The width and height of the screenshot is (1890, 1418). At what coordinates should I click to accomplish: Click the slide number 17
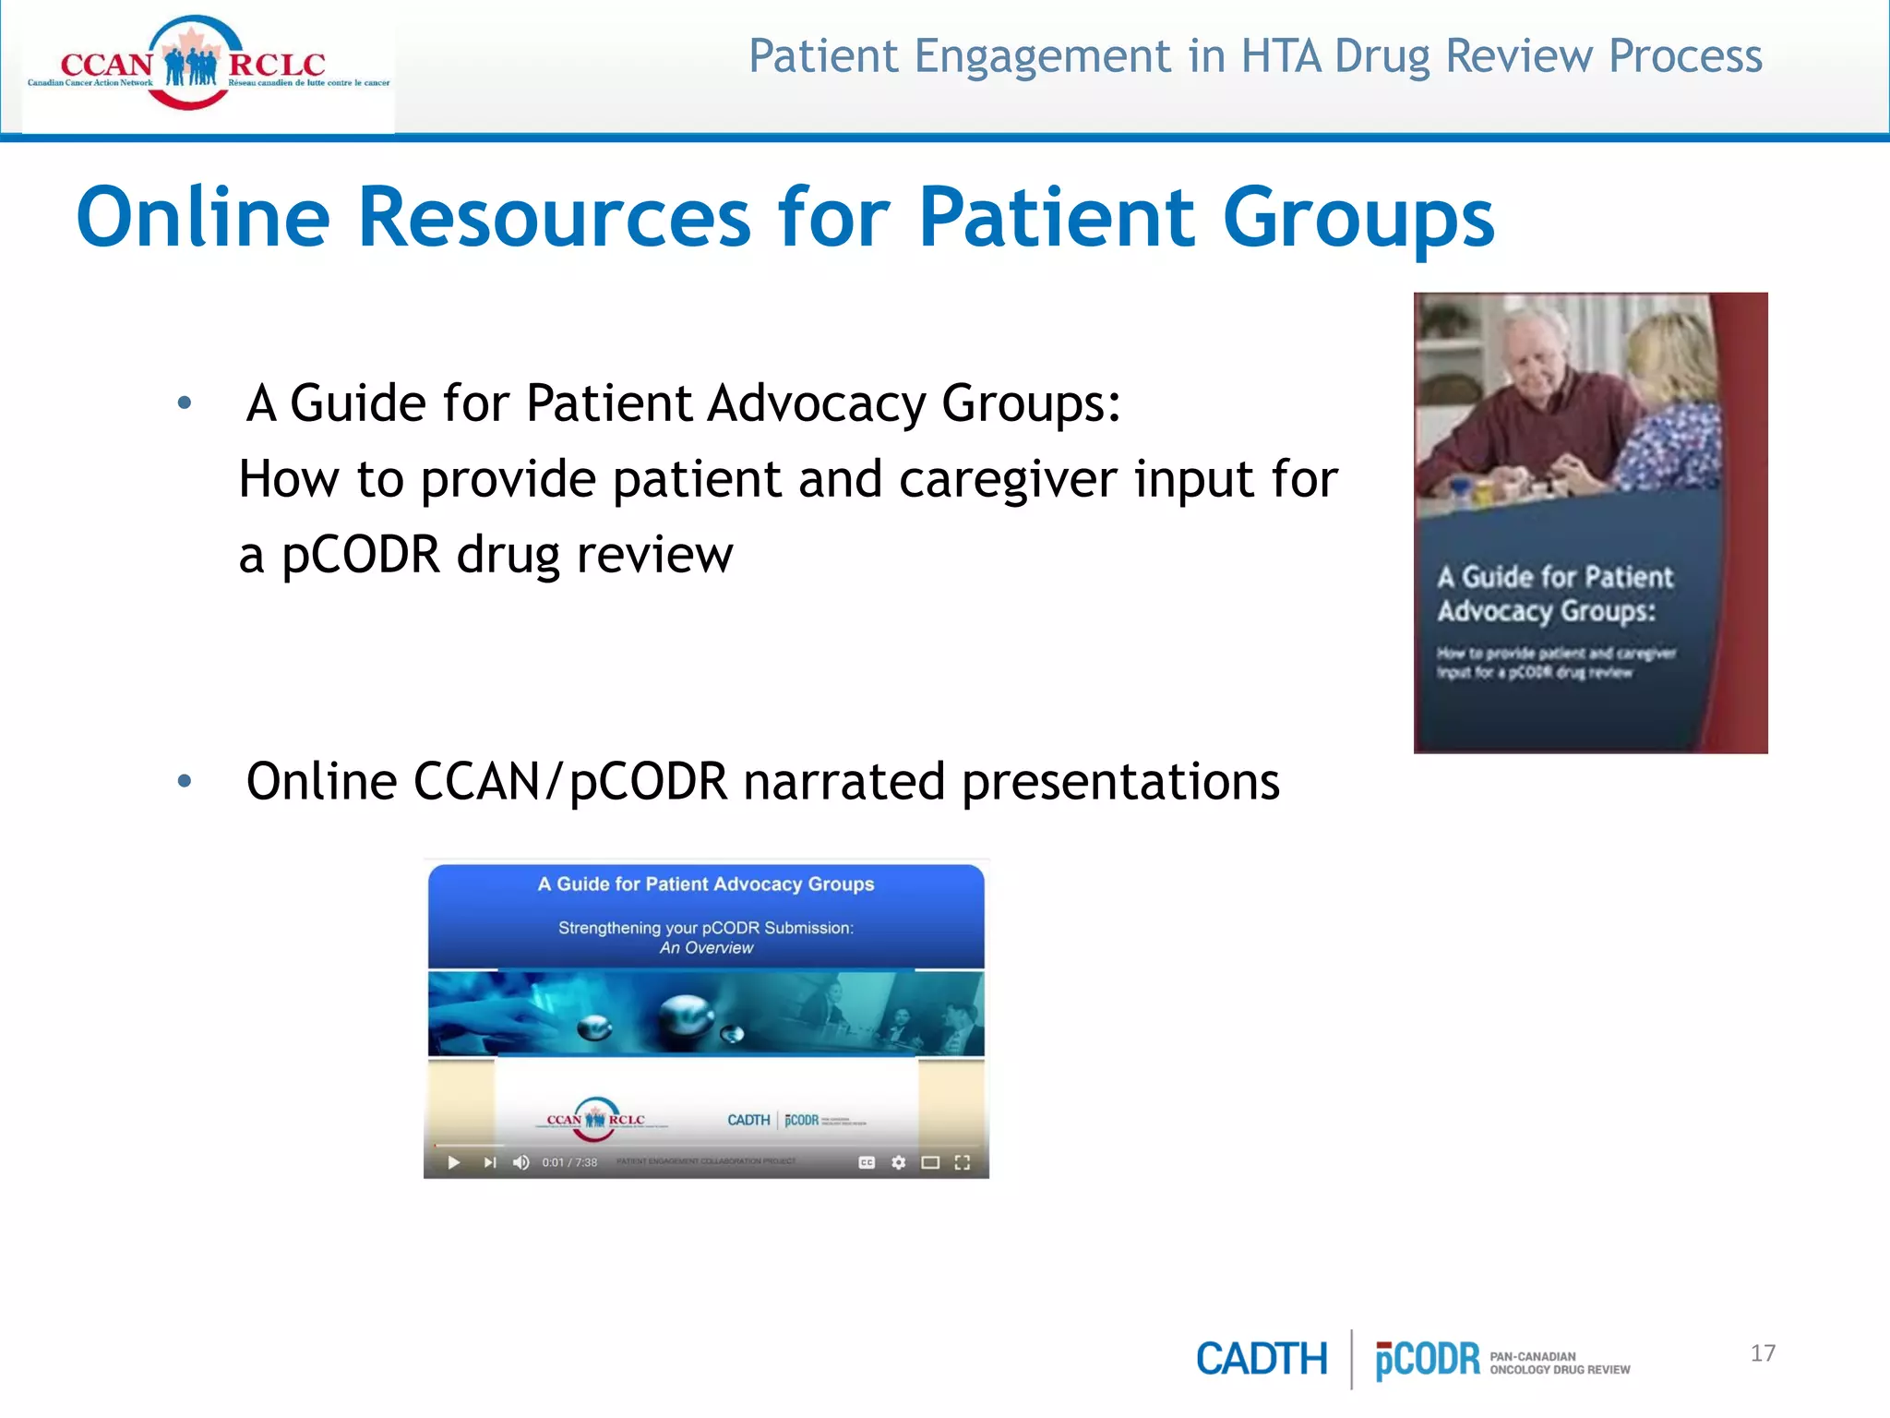pyautogui.click(x=1762, y=1353)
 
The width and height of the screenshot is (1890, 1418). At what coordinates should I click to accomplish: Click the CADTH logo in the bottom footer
pyautogui.click(x=1261, y=1359)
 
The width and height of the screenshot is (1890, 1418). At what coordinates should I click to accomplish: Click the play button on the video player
pyautogui.click(x=453, y=1162)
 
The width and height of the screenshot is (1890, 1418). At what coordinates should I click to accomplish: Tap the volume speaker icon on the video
pyautogui.click(x=521, y=1162)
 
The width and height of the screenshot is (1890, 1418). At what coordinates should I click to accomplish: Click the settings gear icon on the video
pyautogui.click(x=898, y=1162)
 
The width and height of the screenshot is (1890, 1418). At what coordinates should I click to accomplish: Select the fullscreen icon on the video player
pyautogui.click(x=963, y=1162)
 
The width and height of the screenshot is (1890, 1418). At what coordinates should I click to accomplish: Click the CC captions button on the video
pyautogui.click(x=867, y=1162)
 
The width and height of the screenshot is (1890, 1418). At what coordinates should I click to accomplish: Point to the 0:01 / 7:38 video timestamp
pyautogui.click(x=569, y=1162)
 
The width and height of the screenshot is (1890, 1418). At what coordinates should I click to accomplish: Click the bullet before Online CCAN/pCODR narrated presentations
pyautogui.click(x=185, y=782)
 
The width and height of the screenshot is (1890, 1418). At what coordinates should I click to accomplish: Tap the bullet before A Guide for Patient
pyautogui.click(x=185, y=403)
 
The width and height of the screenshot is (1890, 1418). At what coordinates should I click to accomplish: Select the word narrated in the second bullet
pyautogui.click(x=843, y=782)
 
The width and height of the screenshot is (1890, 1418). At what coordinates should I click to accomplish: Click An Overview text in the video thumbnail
pyautogui.click(x=706, y=948)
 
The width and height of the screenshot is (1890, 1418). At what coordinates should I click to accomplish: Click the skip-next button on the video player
pyautogui.click(x=489, y=1162)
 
